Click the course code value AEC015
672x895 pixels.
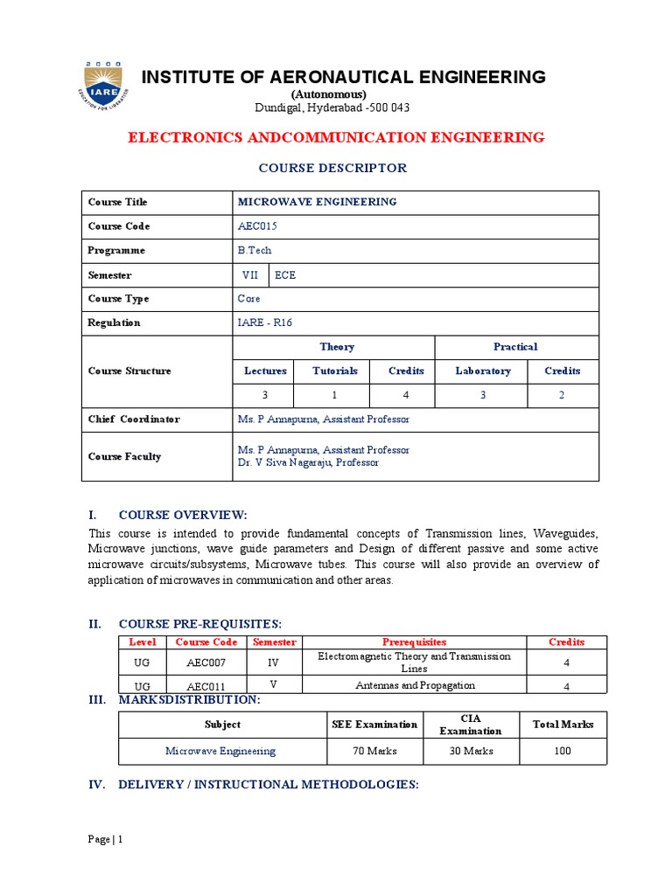(257, 226)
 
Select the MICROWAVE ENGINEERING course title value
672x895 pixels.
(317, 202)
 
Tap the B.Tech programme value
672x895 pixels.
(255, 251)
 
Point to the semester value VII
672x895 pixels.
(249, 274)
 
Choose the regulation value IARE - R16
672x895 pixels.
(264, 323)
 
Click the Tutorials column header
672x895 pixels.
(335, 371)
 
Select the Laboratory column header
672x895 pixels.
(483, 371)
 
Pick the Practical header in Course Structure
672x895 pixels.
(515, 347)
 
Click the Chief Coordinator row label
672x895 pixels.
(134, 420)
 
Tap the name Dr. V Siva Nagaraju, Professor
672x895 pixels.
(308, 463)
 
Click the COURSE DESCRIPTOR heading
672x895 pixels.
(337, 168)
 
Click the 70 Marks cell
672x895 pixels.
(374, 751)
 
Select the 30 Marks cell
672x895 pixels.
(470, 751)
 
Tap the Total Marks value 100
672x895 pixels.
(563, 751)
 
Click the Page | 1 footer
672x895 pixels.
(106, 840)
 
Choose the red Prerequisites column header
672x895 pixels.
(414, 642)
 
